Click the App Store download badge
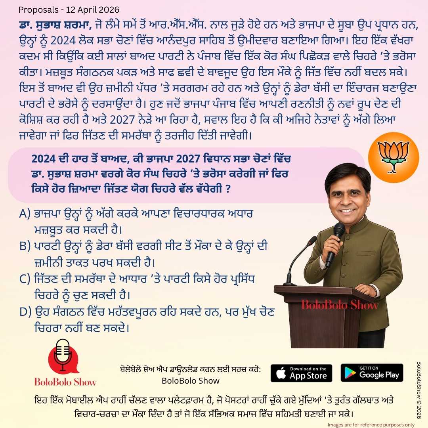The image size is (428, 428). [x=301, y=373]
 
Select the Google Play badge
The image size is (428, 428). [x=372, y=373]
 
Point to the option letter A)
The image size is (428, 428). [x=25, y=214]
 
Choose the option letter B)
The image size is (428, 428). [x=25, y=246]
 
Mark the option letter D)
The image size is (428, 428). [x=25, y=312]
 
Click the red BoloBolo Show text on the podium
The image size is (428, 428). [x=340, y=305]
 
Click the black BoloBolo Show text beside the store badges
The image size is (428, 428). [x=191, y=381]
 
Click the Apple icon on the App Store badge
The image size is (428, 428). [x=281, y=373]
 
